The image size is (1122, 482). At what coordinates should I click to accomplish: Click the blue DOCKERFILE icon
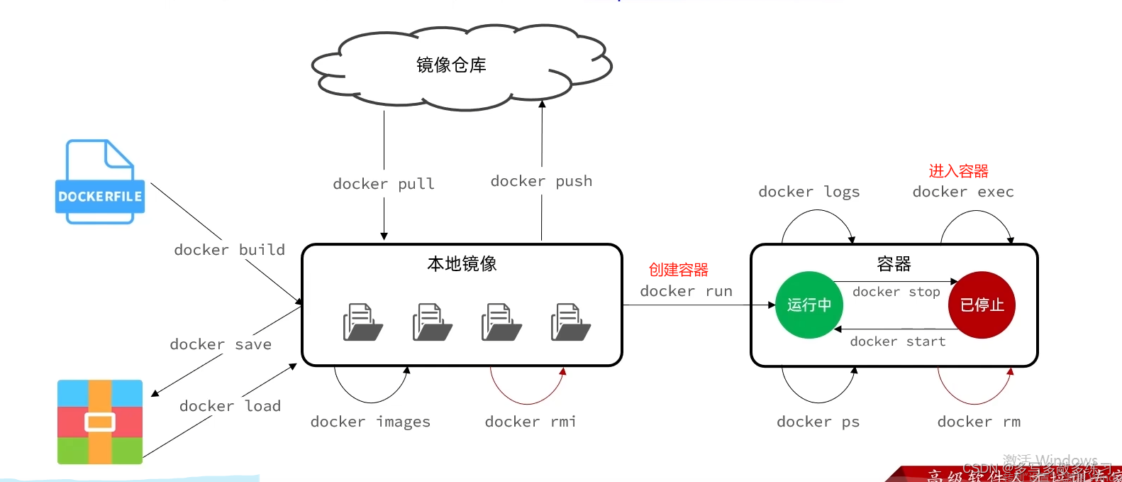[100, 182]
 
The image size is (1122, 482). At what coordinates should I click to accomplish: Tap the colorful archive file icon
[100, 422]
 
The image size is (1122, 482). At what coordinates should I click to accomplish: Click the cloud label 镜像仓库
[451, 65]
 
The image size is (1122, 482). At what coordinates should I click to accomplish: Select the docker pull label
[384, 184]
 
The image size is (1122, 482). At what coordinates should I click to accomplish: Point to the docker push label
[541, 181]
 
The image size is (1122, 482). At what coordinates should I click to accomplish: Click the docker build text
[229, 250]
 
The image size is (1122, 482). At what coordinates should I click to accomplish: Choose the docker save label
[221, 344]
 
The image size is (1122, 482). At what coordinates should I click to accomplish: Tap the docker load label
[230, 406]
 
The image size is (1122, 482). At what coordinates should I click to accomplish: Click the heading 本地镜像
[462, 264]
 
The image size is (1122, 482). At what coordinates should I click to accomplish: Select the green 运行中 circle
[809, 305]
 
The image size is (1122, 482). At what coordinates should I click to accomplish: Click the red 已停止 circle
[982, 305]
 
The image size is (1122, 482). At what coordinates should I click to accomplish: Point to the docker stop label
[896, 292]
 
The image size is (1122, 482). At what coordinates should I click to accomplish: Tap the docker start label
[898, 341]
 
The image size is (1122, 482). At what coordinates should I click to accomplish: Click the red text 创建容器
[679, 270]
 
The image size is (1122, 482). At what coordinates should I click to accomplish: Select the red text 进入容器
[958, 171]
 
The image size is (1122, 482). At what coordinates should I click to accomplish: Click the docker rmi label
[531, 422]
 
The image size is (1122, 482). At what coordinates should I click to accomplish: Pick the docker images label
[370, 422]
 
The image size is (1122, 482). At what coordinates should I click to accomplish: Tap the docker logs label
[809, 192]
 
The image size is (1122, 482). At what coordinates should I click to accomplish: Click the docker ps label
[818, 422]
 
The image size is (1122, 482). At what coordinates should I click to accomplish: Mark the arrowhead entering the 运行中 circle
[772, 305]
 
